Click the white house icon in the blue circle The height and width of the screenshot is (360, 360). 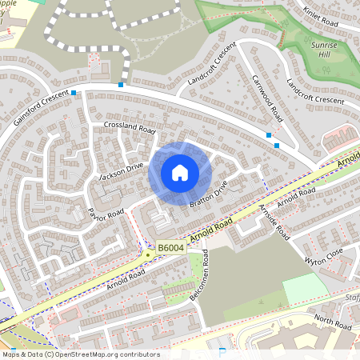tap(180, 172)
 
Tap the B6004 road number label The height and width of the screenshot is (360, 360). tap(170, 250)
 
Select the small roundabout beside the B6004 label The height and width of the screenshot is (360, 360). tap(149, 254)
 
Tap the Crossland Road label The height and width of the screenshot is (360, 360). tap(129, 128)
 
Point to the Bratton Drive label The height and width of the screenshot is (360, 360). tap(209, 193)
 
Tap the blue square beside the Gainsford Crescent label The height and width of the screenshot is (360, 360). tap(74, 94)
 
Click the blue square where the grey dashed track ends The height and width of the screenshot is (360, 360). tap(121, 84)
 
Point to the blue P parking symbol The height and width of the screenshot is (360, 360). tap(222, 352)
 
